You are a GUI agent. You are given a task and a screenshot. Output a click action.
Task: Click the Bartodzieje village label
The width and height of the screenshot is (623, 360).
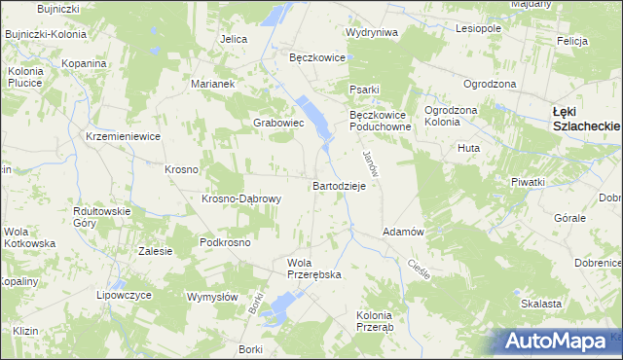click(339, 185)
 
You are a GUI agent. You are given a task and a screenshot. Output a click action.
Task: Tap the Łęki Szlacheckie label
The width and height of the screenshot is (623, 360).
click(586, 118)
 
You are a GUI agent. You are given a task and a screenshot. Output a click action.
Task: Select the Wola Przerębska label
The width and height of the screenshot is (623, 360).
click(313, 269)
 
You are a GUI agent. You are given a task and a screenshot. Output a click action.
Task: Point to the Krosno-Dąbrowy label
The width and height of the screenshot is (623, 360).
click(241, 199)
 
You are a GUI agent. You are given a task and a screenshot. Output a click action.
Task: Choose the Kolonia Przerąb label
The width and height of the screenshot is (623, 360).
click(375, 321)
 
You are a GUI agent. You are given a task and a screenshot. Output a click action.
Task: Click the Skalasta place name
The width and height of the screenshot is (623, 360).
click(541, 304)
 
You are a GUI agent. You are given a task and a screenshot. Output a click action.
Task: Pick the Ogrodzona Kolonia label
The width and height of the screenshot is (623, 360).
click(450, 116)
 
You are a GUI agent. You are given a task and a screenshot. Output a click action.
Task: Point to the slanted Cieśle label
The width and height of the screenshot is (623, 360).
click(420, 266)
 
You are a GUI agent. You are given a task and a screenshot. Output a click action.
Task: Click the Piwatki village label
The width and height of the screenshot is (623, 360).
click(527, 182)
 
